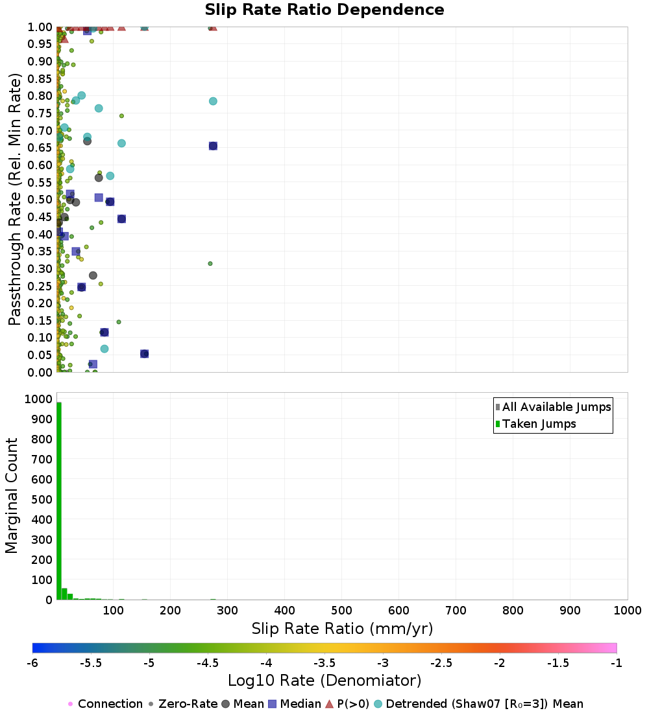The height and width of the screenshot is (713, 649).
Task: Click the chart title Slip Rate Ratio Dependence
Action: pyautogui.click(x=324, y=10)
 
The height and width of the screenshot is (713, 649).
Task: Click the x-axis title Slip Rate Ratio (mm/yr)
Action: pyautogui.click(x=342, y=629)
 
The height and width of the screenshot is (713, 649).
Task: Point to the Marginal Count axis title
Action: pyautogui.click(x=12, y=496)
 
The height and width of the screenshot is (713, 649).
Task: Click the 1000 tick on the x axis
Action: pyautogui.click(x=627, y=611)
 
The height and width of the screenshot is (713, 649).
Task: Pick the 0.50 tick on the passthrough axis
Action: pyautogui.click(x=40, y=199)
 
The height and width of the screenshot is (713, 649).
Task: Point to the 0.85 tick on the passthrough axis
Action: pyautogui.click(x=40, y=78)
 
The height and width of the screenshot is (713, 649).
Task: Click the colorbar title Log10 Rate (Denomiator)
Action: pyautogui.click(x=324, y=681)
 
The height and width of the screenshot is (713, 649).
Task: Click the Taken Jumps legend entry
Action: pyautogui.click(x=539, y=424)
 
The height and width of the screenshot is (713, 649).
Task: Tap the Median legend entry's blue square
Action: pyautogui.click(x=273, y=704)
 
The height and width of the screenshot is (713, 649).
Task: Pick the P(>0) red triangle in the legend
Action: pyautogui.click(x=329, y=704)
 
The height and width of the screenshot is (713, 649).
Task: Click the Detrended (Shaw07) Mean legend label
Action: pyautogui.click(x=484, y=704)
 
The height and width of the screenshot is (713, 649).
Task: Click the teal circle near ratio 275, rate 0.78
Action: pyautogui.click(x=213, y=101)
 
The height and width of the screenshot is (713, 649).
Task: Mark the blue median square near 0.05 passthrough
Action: pyautogui.click(x=145, y=354)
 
